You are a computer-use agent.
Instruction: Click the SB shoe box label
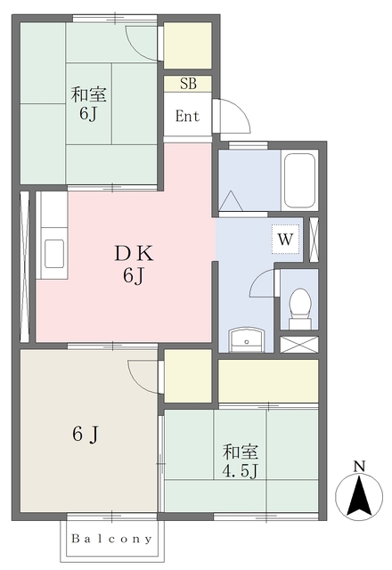(188, 84)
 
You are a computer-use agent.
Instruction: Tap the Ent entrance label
(187, 117)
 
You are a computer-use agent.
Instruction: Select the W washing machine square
(285, 239)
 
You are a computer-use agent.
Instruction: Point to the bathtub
(299, 181)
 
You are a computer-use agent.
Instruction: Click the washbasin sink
(247, 339)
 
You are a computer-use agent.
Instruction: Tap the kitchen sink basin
(54, 254)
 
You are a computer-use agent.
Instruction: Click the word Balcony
(111, 538)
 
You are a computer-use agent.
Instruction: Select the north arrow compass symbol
(359, 496)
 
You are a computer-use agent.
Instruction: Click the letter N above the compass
(359, 466)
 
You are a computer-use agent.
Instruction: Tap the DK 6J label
(134, 265)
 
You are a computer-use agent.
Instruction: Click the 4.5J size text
(240, 472)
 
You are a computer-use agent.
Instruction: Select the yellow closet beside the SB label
(188, 45)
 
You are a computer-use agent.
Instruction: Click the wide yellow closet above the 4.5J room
(268, 380)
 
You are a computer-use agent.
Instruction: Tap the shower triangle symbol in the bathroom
(231, 201)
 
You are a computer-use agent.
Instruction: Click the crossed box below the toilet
(299, 345)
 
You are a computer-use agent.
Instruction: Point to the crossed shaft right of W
(314, 240)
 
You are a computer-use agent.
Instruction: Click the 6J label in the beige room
(86, 434)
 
